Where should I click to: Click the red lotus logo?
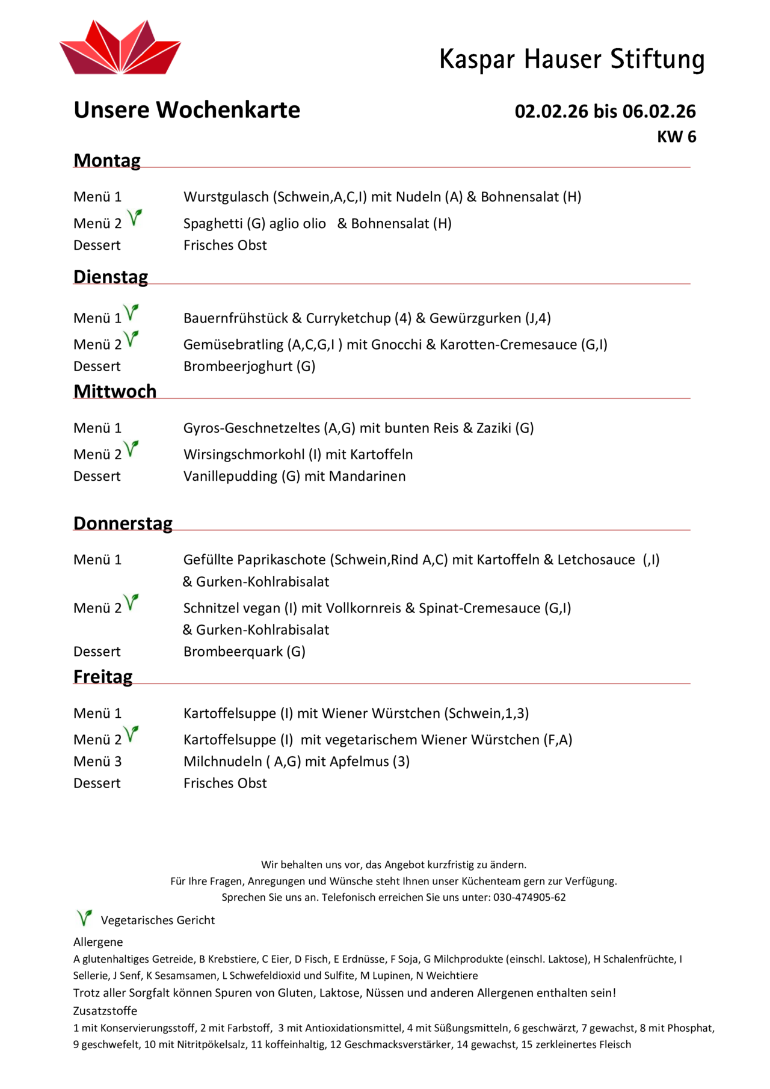point(120,48)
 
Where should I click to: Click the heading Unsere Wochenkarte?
point(186,110)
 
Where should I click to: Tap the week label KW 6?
point(676,137)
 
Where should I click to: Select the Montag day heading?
point(107,161)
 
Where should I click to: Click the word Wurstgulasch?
point(226,197)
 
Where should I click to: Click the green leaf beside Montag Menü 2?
point(135,217)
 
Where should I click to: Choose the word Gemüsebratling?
point(233,345)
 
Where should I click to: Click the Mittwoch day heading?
point(115,392)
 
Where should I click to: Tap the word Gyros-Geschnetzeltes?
point(251,428)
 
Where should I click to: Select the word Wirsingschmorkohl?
point(244,455)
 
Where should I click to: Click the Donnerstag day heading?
point(123,523)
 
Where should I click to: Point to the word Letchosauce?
point(596,560)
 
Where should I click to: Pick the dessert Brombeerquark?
point(233,652)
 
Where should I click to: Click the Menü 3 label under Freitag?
point(97,762)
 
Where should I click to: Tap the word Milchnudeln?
point(223,762)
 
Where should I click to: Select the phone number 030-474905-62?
point(529,898)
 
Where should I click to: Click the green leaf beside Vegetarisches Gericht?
point(84,918)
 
